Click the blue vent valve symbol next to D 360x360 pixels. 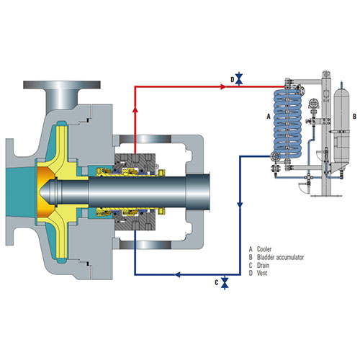[239, 78]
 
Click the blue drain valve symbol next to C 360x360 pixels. [225, 282]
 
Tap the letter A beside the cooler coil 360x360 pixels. [269, 117]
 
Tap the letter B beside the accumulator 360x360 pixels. [354, 117]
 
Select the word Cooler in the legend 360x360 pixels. [264, 249]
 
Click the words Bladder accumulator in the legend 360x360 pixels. [280, 257]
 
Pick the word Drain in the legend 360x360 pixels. [263, 265]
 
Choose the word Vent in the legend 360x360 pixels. [262, 273]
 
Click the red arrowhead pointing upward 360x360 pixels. [135, 109]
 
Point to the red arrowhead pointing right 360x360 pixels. [223, 86]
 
